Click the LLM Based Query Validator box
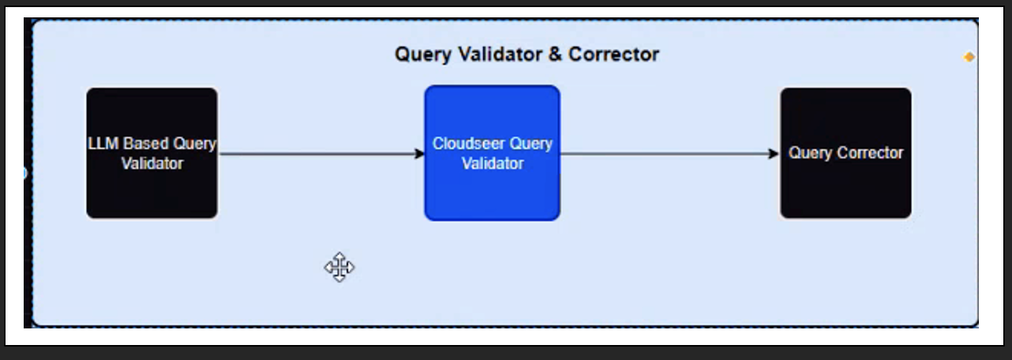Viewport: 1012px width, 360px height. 152,189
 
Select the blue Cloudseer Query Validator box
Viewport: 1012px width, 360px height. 492,189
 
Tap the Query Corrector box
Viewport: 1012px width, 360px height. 845,189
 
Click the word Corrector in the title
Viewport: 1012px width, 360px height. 613,54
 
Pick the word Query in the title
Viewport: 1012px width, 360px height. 422,54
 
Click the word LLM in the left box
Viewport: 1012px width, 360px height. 103,144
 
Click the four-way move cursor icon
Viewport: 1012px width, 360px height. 339,268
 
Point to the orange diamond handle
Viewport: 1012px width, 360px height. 969,57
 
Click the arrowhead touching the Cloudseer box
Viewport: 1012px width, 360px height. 420,154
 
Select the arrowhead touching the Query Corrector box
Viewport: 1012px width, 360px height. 774,154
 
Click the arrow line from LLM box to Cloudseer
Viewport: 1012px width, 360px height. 316,154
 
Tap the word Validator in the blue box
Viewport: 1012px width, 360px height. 493,164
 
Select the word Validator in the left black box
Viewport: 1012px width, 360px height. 152,164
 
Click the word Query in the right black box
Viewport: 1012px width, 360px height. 809,153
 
